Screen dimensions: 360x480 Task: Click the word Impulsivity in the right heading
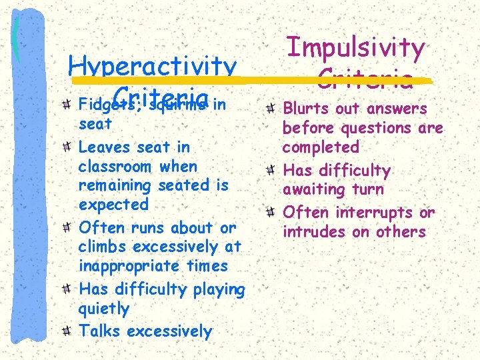[x=355, y=48]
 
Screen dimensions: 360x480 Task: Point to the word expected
[x=113, y=205]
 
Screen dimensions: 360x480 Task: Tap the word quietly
[x=103, y=309]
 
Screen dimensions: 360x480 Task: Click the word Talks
[x=100, y=331]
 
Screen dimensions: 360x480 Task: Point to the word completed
[x=321, y=147]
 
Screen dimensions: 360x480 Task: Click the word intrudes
[x=312, y=232]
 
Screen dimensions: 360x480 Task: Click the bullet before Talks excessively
[x=68, y=331]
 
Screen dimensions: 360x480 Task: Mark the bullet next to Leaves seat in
[x=68, y=147]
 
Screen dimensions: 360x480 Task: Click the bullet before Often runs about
[x=68, y=228]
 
